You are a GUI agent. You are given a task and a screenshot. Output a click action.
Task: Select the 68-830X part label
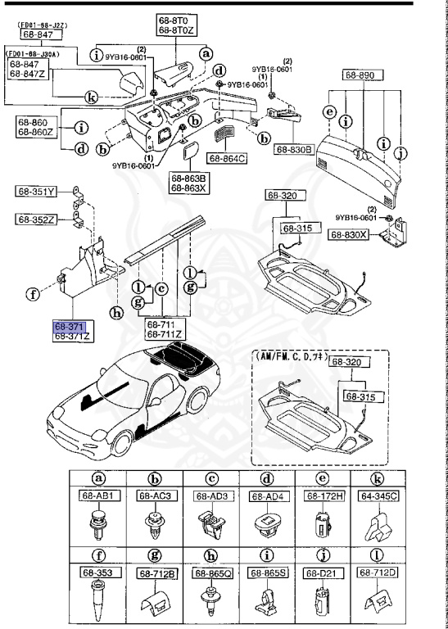pos(349,234)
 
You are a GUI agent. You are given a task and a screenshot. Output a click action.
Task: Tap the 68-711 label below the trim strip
pos(164,325)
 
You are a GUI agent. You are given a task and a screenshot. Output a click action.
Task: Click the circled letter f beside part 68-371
pos(33,292)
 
